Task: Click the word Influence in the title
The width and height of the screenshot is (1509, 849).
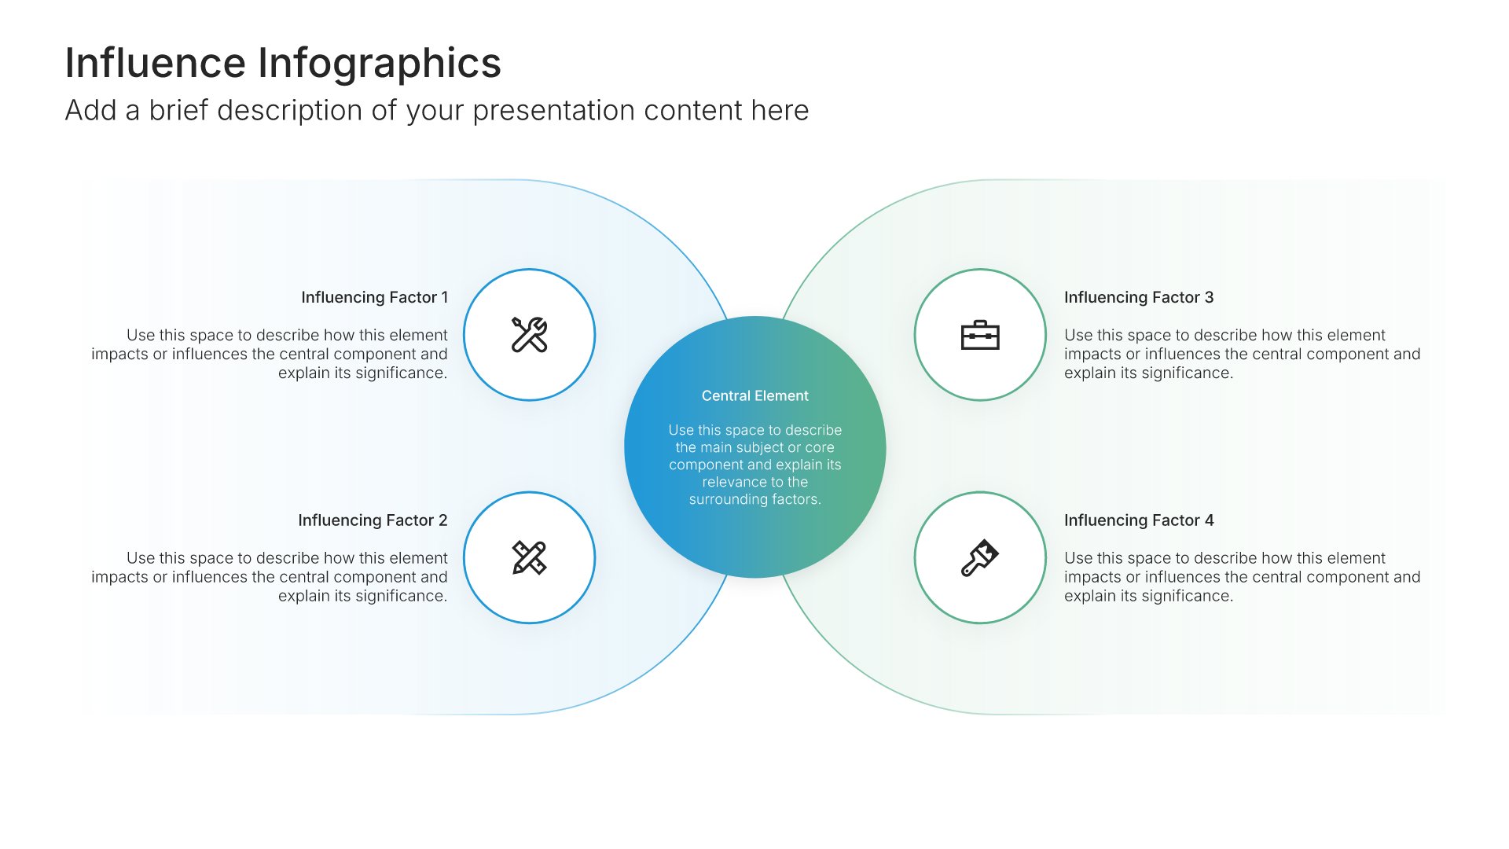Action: (x=156, y=63)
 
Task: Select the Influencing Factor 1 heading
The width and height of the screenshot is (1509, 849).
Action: (x=374, y=297)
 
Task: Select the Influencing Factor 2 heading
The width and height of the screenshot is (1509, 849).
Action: (x=373, y=520)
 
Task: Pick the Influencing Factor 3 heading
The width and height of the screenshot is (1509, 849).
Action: (x=1139, y=297)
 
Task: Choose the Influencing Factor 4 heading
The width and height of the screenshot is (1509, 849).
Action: (x=1139, y=520)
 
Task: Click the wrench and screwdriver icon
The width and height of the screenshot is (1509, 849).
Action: (x=529, y=335)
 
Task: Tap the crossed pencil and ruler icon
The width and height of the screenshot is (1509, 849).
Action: (x=529, y=557)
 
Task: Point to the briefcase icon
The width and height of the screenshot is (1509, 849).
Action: (x=980, y=335)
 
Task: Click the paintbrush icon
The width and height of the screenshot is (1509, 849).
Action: (x=980, y=557)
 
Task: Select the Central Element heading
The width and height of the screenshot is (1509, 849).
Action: (x=754, y=395)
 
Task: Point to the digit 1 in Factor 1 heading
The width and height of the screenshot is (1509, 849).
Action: (x=445, y=297)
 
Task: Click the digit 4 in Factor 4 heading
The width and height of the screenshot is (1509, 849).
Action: (x=1210, y=520)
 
